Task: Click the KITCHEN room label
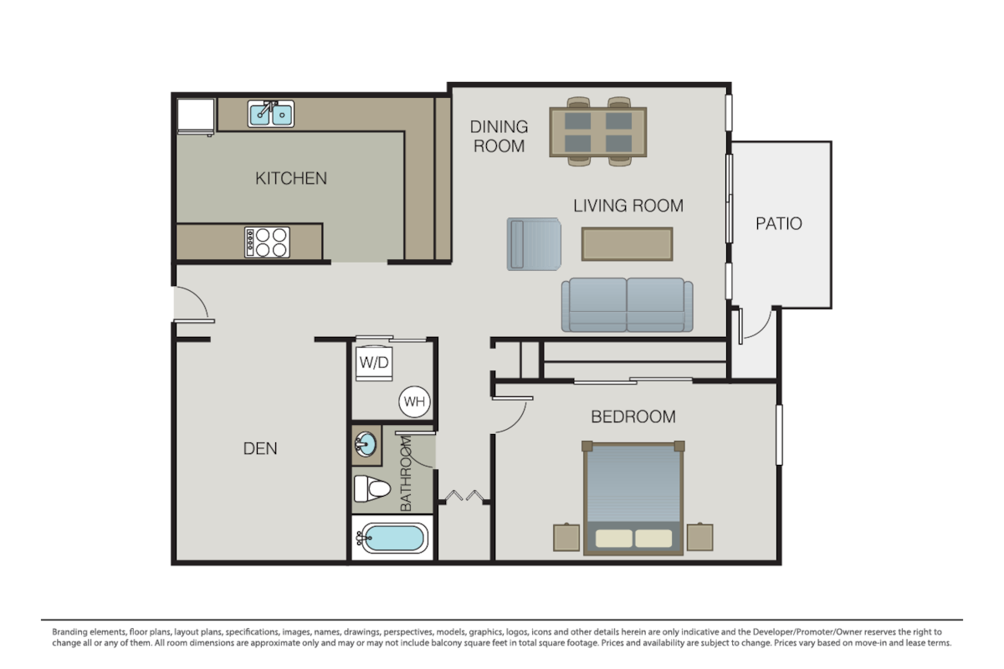(x=290, y=178)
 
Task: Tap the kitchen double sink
(x=270, y=113)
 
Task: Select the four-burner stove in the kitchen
(x=267, y=243)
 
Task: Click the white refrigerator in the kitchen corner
(x=196, y=115)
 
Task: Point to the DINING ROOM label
(x=499, y=136)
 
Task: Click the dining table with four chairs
(x=597, y=132)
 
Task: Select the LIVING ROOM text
(x=627, y=206)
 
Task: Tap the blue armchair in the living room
(x=534, y=243)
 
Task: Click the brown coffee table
(x=627, y=244)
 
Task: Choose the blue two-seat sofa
(x=627, y=304)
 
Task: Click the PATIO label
(x=778, y=224)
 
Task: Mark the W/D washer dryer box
(x=373, y=362)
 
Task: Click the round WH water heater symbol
(x=414, y=402)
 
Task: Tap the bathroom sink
(x=365, y=445)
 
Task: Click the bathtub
(x=391, y=539)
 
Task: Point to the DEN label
(x=260, y=449)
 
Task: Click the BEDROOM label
(x=633, y=416)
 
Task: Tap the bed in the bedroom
(x=633, y=498)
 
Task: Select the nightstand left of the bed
(x=566, y=537)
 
